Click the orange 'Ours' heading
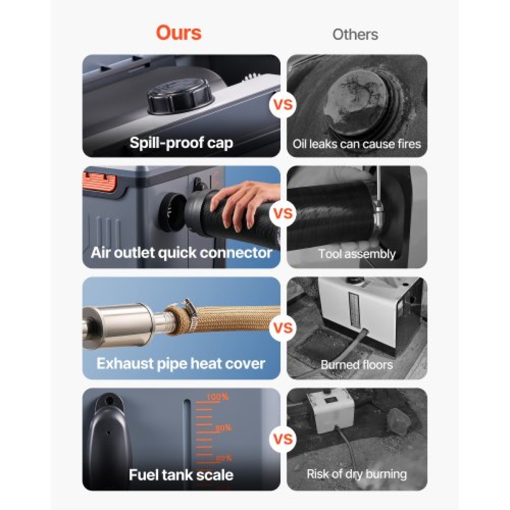tap(178, 33)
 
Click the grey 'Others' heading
tap(355, 34)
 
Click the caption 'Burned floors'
tap(357, 365)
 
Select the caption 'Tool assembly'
tap(357, 254)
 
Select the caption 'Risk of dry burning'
tap(357, 474)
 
